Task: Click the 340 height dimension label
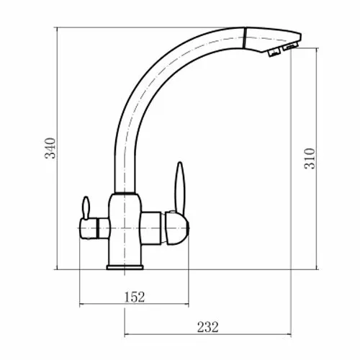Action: pyautogui.click(x=50, y=148)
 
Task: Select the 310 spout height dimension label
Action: pyautogui.click(x=310, y=158)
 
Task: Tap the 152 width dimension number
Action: pyautogui.click(x=135, y=297)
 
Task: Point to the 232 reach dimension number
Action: pyautogui.click(x=208, y=327)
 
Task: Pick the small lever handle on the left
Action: pyautogui.click(x=86, y=207)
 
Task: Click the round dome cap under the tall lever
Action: pyautogui.click(x=177, y=228)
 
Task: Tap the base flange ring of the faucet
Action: pyautogui.click(x=125, y=267)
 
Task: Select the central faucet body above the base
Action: pyautogui.click(x=125, y=229)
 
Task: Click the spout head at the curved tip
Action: pyautogui.click(x=271, y=40)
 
